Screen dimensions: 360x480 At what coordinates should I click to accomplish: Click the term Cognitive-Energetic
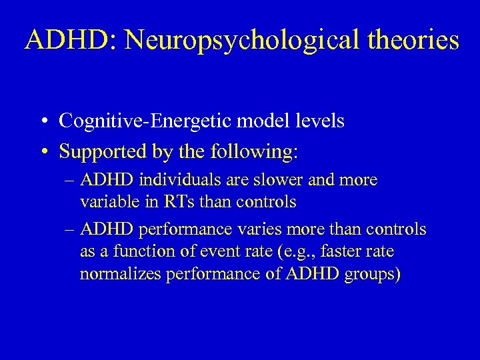[x=135, y=121]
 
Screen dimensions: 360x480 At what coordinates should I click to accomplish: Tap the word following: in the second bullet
[x=253, y=151]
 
